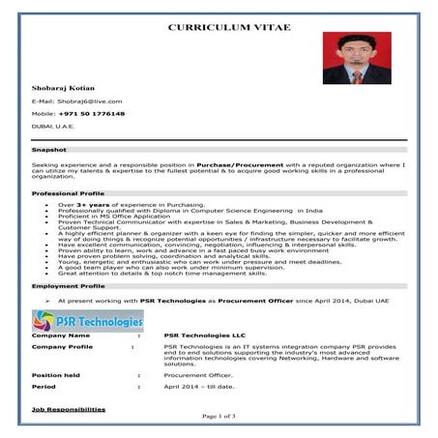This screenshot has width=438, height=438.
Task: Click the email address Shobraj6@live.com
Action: point(76,101)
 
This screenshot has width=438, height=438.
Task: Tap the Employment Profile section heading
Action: point(67,286)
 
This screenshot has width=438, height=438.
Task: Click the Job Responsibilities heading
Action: point(69,410)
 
